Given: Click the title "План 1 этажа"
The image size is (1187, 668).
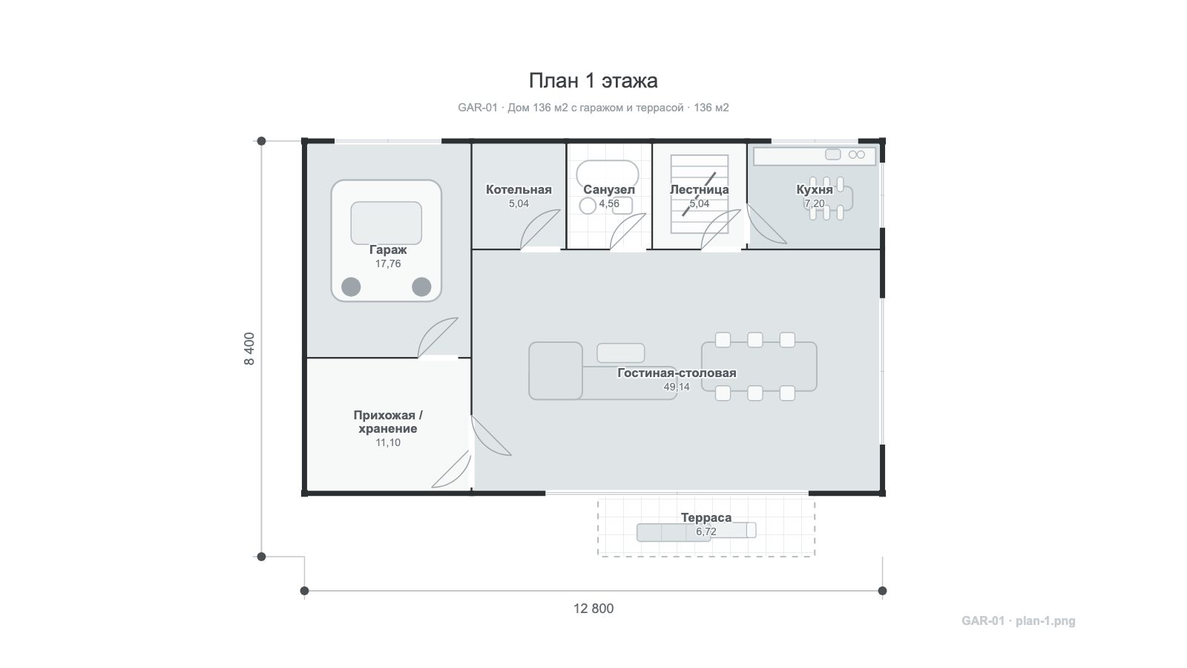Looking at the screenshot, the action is (593, 81).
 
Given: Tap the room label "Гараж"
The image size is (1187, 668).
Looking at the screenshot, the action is (388, 249).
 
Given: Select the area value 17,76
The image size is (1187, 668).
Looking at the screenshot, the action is (388, 264).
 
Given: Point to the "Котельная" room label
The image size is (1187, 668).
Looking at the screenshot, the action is (519, 189).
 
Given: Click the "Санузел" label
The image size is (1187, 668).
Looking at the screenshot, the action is (609, 189).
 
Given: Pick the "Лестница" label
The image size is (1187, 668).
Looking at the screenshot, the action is (699, 189).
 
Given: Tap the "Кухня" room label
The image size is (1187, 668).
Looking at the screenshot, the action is (815, 189).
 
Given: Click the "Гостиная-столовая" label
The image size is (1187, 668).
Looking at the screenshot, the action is (677, 373).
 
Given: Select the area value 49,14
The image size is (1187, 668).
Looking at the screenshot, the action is (677, 387).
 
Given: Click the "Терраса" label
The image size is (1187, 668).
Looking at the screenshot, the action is (706, 517).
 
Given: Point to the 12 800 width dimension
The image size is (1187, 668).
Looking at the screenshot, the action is (593, 609).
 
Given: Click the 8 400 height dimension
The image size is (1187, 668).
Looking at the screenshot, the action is (249, 349).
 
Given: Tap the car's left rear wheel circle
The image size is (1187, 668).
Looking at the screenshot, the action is (351, 286).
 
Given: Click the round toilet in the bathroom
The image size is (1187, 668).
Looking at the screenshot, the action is (588, 206).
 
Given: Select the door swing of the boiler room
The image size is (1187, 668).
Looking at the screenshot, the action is (540, 229).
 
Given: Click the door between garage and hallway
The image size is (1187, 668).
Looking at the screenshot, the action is (438, 338).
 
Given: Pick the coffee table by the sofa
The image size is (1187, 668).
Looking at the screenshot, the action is (620, 353).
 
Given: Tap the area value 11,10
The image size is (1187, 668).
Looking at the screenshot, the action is (388, 442).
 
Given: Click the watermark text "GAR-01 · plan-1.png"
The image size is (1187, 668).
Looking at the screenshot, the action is (1019, 620).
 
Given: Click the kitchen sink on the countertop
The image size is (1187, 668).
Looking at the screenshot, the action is (833, 154).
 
